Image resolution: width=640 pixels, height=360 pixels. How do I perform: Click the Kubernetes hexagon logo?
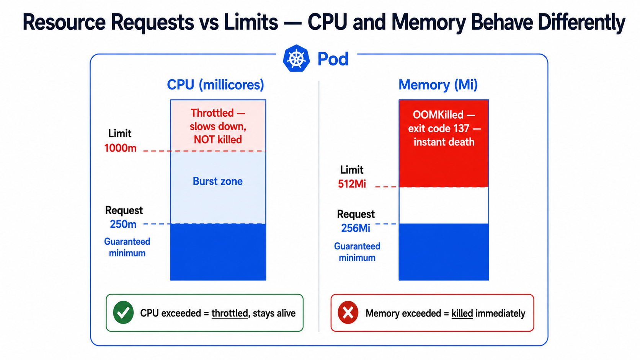(x=296, y=58)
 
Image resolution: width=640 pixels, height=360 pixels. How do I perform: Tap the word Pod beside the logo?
(x=333, y=59)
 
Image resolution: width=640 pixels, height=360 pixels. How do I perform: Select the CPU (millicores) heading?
(x=216, y=85)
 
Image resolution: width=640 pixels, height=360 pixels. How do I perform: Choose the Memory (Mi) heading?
(x=438, y=85)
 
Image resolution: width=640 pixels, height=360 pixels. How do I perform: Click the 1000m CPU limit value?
(x=120, y=148)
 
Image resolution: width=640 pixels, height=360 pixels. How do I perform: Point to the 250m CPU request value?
(x=123, y=224)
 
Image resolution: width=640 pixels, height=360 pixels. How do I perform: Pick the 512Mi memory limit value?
(x=352, y=184)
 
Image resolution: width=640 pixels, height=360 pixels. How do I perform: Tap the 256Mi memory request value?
(x=356, y=228)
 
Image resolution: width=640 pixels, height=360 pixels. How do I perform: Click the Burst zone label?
(x=218, y=181)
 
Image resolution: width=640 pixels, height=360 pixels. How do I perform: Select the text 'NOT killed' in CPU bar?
(x=218, y=140)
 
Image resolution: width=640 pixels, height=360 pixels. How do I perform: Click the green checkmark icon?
(x=123, y=313)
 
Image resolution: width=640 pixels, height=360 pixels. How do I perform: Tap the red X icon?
(x=348, y=313)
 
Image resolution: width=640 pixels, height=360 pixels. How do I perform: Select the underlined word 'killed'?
(x=462, y=313)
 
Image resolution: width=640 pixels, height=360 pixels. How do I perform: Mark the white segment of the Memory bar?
(x=444, y=205)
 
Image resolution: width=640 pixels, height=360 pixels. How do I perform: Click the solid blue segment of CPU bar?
(x=218, y=252)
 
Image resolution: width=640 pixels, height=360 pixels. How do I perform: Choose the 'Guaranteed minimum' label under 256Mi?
(x=357, y=252)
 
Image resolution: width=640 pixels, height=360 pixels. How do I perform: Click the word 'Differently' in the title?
(x=581, y=22)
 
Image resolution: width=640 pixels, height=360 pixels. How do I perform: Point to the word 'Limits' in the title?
(x=251, y=22)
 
